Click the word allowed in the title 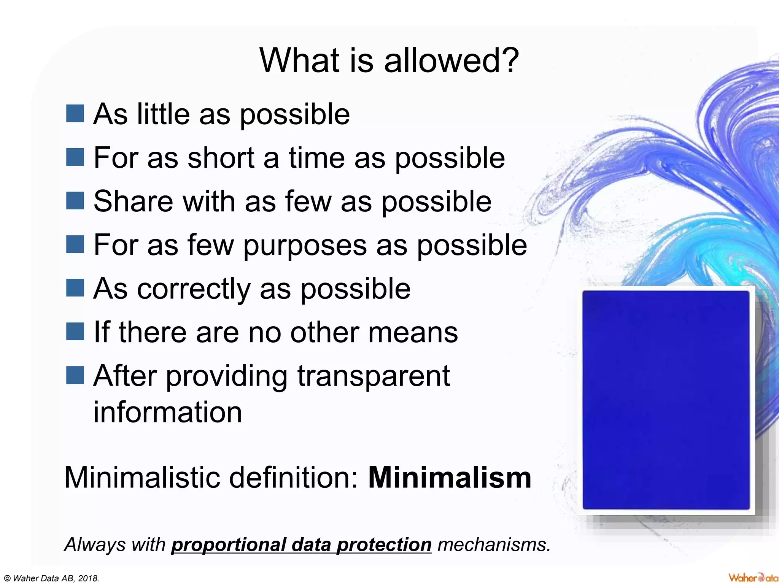451,61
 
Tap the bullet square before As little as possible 75,114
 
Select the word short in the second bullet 221,158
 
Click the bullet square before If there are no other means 75,332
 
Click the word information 168,412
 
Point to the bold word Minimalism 450,478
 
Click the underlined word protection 384,545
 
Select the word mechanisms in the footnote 494,545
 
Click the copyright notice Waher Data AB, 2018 52,578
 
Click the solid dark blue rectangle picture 666,400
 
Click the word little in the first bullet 163,114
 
